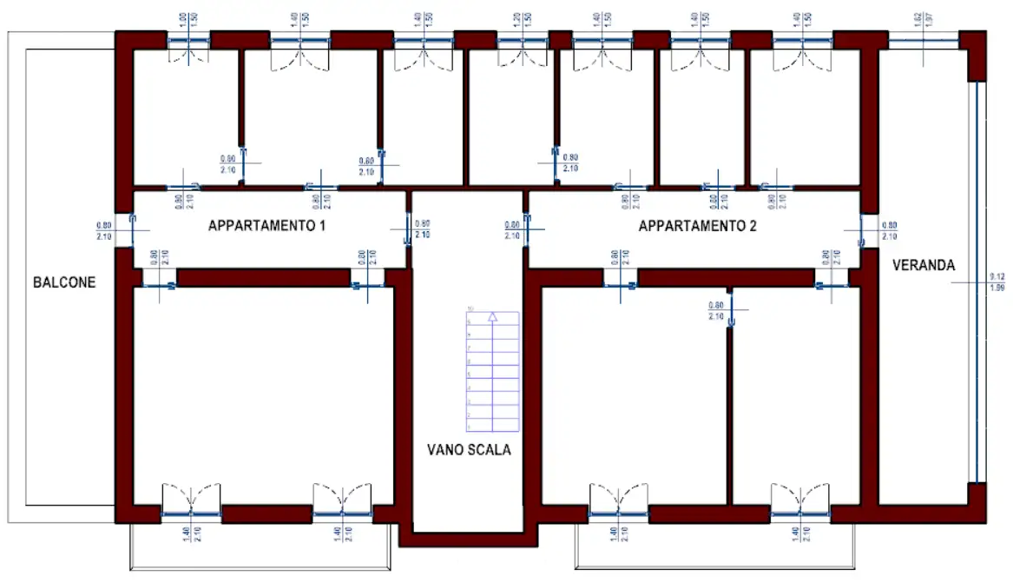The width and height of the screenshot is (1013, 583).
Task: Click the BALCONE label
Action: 63,282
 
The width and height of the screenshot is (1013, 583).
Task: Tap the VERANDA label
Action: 923,266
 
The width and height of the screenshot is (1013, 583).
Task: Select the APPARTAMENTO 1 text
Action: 266,226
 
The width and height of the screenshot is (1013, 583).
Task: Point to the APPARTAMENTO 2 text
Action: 697,227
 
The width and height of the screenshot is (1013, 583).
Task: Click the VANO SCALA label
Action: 469,450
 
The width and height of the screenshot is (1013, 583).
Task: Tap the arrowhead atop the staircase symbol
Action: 492,317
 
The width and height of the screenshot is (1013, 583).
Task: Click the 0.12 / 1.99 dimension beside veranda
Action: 996,282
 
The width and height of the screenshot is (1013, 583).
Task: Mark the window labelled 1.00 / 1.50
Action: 188,42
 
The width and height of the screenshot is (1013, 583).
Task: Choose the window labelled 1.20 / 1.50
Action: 524,42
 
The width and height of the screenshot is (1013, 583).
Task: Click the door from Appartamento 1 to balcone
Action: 132,229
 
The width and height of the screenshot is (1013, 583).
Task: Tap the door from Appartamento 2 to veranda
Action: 862,229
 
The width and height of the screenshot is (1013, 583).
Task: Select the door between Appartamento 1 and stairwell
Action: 408,229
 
